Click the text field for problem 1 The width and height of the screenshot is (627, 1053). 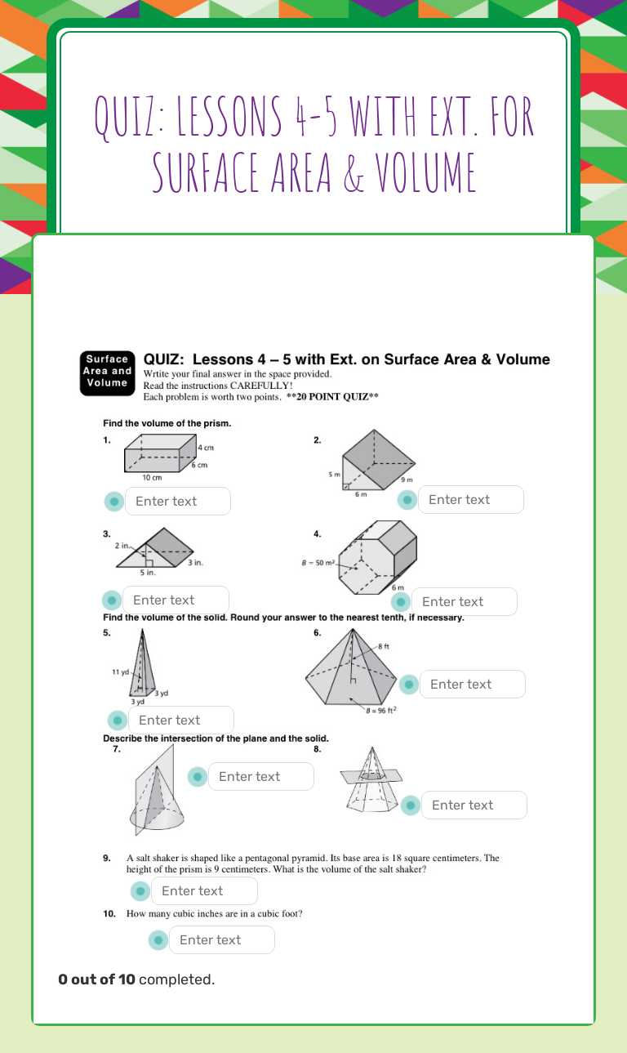[177, 501]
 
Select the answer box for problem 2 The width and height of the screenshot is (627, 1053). [470, 499]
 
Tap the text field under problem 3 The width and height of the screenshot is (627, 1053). [176, 600]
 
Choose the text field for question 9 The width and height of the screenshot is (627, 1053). [204, 890]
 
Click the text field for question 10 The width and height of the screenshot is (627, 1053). [221, 939]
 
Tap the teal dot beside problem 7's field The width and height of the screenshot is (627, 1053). [197, 777]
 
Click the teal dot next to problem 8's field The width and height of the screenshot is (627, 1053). [410, 805]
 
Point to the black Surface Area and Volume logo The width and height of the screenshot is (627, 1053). [108, 372]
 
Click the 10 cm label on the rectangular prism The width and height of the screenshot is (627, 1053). [152, 477]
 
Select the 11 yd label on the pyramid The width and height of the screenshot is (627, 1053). [120, 672]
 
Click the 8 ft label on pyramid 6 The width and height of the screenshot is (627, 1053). [382, 647]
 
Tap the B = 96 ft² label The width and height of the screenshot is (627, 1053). [381, 710]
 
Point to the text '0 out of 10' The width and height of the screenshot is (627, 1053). [96, 979]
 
